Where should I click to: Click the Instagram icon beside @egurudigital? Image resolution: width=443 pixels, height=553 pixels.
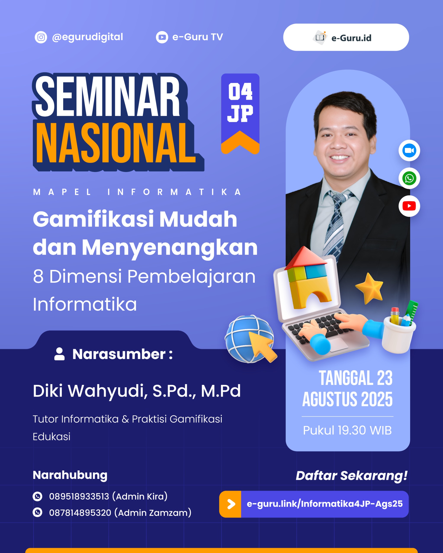(x=41, y=37)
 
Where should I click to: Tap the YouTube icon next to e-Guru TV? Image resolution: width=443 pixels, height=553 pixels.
(x=162, y=37)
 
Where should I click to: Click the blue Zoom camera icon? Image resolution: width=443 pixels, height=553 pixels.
(x=409, y=151)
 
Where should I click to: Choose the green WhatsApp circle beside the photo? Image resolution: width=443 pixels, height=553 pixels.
(x=409, y=178)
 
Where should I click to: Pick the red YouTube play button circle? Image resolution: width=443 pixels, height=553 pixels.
(x=409, y=206)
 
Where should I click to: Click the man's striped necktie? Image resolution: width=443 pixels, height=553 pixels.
(x=335, y=223)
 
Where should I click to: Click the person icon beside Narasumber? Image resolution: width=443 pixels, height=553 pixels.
(x=59, y=354)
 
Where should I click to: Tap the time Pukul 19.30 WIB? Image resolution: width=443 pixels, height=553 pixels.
(x=347, y=430)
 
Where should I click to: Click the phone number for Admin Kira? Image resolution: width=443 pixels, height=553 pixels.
(x=79, y=497)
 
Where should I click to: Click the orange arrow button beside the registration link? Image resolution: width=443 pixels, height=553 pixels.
(x=230, y=504)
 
